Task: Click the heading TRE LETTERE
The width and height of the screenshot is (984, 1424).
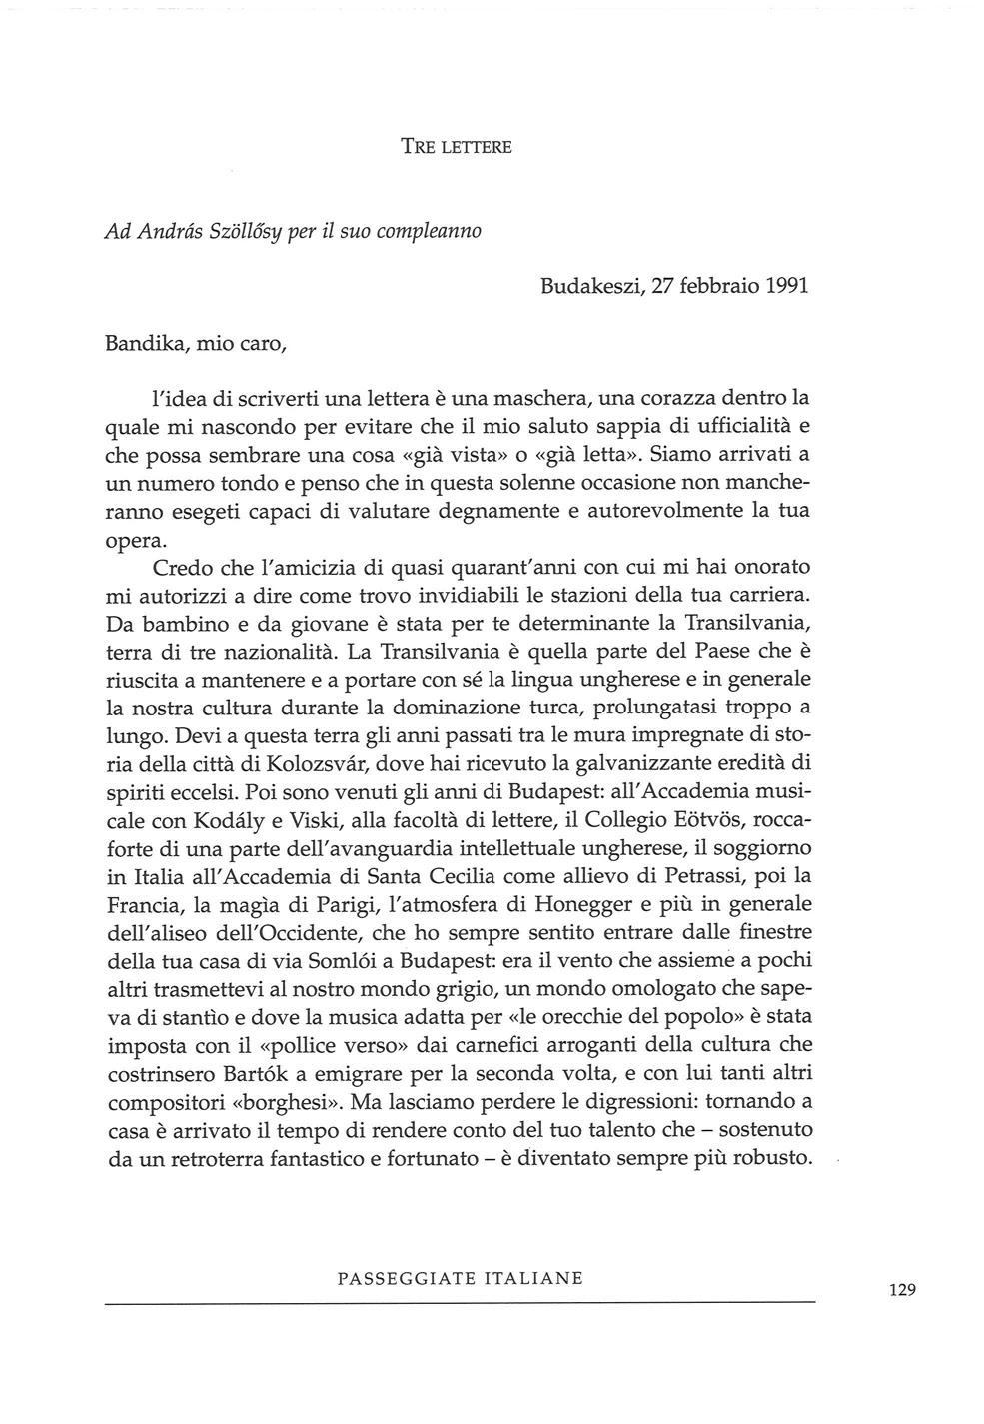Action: click(x=456, y=147)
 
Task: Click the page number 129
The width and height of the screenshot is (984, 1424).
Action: click(x=901, y=1289)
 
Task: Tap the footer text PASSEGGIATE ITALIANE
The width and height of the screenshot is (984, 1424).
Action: click(x=461, y=1278)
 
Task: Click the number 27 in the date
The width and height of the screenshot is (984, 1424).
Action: click(x=663, y=285)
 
